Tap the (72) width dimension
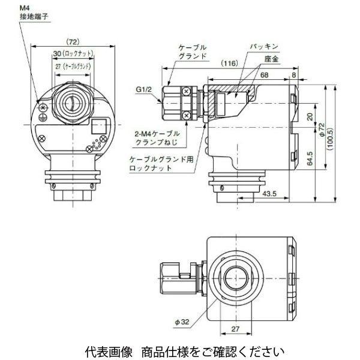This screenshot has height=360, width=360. coord(71,43)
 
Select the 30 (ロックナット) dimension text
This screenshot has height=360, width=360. coord(72,54)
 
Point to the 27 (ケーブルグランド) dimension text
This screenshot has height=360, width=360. coord(72,67)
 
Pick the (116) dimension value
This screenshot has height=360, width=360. coord(229,62)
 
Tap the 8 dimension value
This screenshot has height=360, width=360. coord(293,73)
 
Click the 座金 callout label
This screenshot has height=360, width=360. coord(271,59)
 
